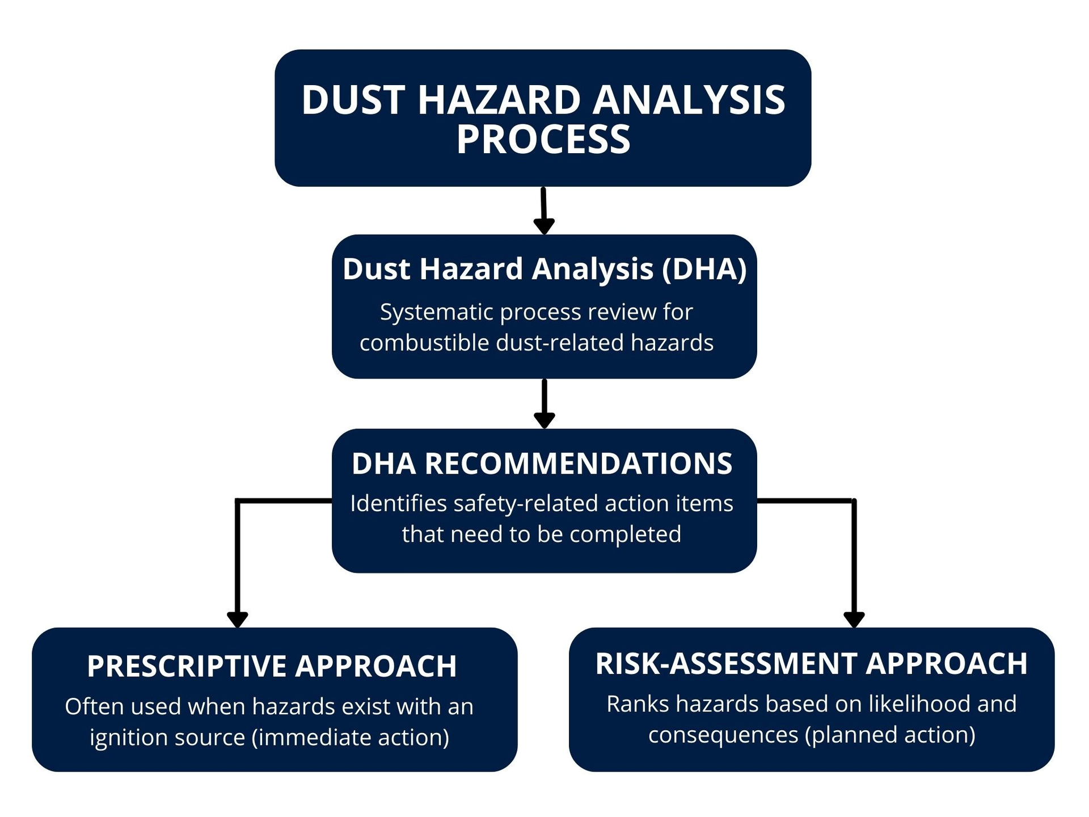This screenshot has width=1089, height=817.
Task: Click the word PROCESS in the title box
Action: tap(543, 140)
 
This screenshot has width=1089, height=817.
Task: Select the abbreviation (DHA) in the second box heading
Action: tap(704, 268)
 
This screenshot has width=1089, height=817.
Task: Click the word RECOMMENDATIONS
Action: tap(579, 464)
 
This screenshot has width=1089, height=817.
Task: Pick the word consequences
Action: tap(723, 735)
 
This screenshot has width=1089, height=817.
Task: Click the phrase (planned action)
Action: tap(890, 735)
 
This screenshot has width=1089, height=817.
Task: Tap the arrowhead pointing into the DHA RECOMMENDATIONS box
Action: tap(544, 420)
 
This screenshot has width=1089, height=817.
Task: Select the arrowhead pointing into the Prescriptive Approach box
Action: tap(237, 620)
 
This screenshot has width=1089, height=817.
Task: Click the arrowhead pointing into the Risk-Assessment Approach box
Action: tap(854, 620)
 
